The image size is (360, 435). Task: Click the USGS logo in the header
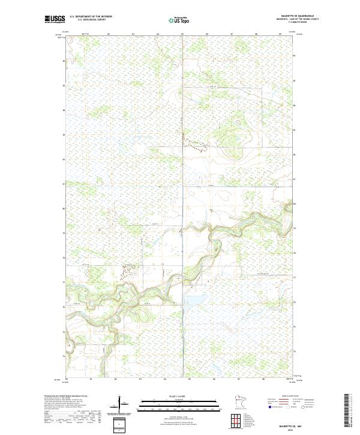point(54,20)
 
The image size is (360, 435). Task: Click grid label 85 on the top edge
point(182,35)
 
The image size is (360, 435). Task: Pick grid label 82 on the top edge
point(109,35)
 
